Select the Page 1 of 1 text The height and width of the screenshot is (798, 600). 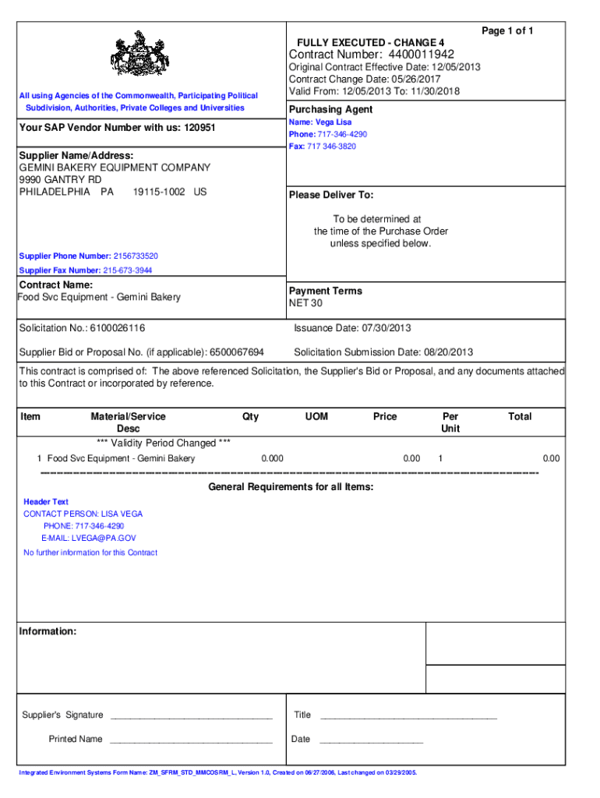point(507,30)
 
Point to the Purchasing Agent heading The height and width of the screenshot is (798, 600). point(330,109)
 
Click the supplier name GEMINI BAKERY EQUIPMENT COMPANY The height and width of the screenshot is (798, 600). point(115,168)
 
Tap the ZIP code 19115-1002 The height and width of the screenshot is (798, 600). point(159,192)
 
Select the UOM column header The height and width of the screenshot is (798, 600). point(316,417)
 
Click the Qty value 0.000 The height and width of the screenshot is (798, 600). point(272,458)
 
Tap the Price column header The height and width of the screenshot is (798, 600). point(385,417)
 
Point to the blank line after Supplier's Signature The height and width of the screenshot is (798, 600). point(191,716)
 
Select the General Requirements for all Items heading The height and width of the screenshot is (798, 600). point(291,487)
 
